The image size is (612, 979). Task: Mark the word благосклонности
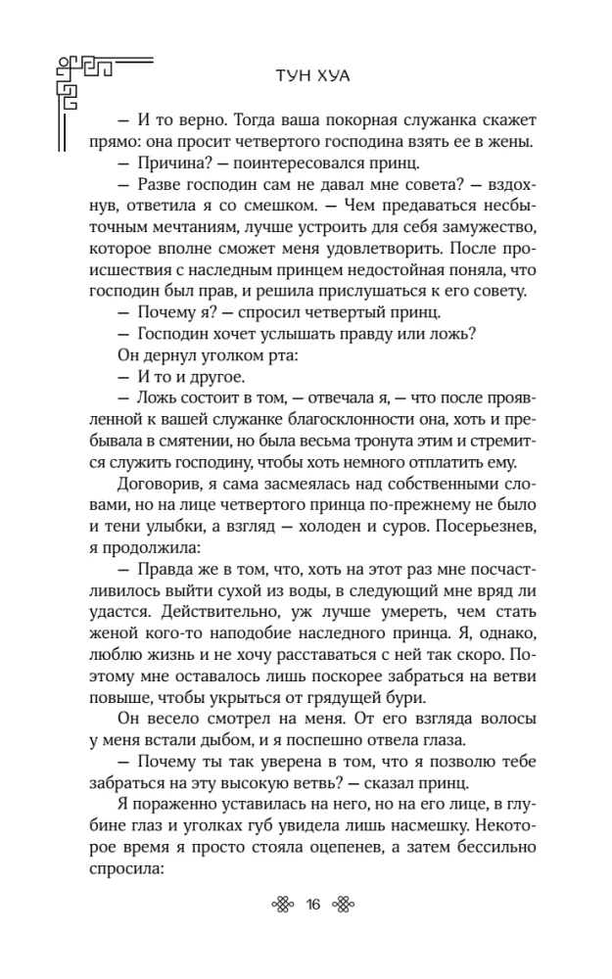click(273, 413)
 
